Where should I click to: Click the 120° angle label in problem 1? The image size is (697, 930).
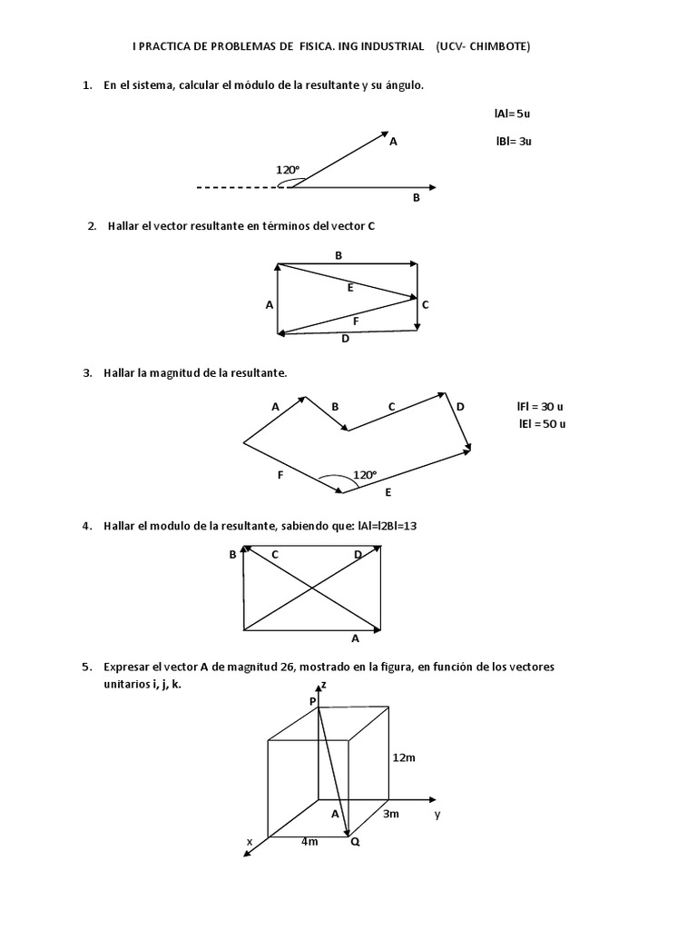(288, 169)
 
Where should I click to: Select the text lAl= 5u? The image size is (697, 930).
(512, 114)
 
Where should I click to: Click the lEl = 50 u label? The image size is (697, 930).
(542, 423)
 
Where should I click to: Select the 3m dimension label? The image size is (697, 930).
(390, 814)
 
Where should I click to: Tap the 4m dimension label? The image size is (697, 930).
(309, 842)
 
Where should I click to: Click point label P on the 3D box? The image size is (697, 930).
(312, 701)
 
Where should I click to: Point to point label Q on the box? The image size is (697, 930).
(355, 842)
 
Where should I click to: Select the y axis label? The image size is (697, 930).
(437, 814)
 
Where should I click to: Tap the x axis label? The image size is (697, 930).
(250, 842)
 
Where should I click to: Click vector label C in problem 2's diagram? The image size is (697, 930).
(425, 305)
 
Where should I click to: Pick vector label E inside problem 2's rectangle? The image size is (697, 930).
(349, 287)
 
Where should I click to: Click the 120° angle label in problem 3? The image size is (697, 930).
(364, 474)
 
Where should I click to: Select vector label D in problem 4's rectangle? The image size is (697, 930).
(358, 554)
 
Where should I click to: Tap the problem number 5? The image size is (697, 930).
(86, 667)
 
